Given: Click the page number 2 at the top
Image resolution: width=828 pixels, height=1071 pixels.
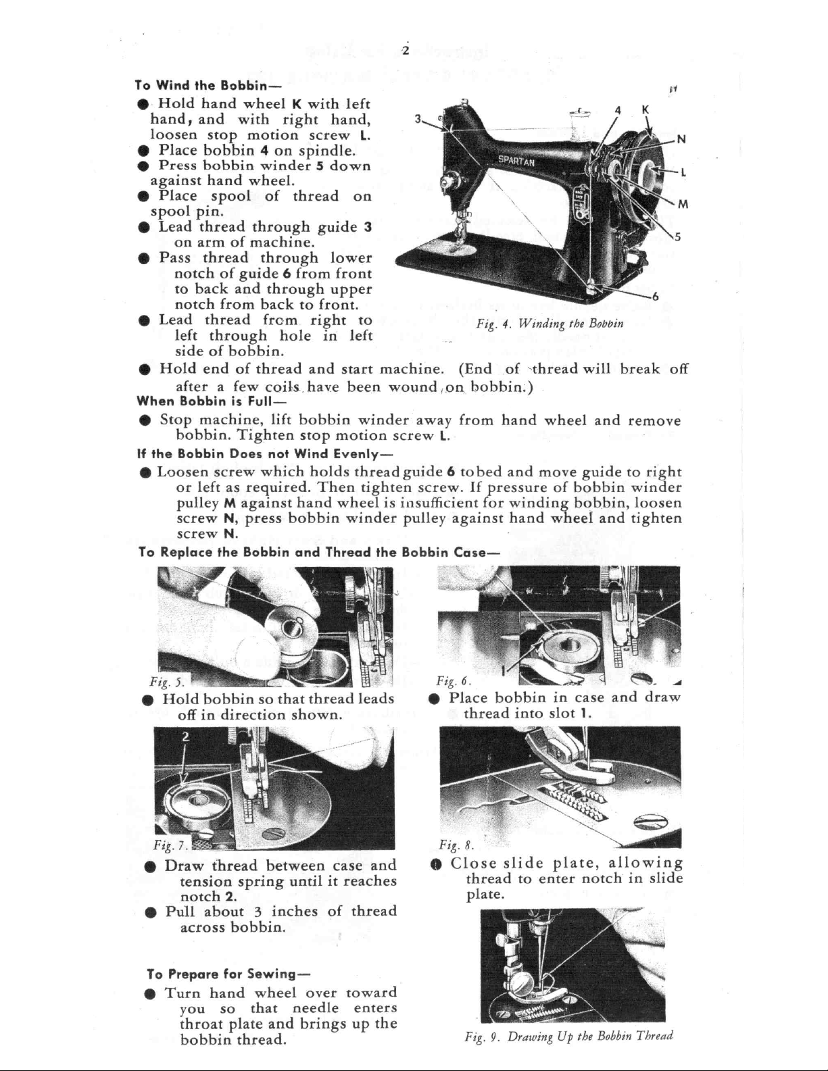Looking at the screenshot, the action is pyautogui.click(x=406, y=51).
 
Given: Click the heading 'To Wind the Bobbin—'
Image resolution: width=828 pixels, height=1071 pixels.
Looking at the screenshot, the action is pyautogui.click(x=208, y=85).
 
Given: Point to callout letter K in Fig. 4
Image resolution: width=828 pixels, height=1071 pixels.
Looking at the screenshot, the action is pyautogui.click(x=646, y=110).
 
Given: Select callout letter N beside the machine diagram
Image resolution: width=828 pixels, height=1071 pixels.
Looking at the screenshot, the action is pyautogui.click(x=681, y=139).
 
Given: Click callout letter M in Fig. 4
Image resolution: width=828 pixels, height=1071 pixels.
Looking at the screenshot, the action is pyautogui.click(x=683, y=204).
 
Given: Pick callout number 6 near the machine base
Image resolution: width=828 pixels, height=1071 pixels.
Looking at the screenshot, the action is pyautogui.click(x=655, y=297).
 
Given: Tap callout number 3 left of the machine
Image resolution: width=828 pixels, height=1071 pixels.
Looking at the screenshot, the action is pyautogui.click(x=418, y=119).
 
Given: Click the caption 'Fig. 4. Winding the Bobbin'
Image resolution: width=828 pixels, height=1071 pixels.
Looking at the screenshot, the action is pyautogui.click(x=550, y=324).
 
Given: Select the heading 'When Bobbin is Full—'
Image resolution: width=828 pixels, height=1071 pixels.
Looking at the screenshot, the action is pyautogui.click(x=211, y=401).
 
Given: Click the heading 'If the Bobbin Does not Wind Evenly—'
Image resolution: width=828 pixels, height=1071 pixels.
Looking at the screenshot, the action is pyautogui.click(x=265, y=453).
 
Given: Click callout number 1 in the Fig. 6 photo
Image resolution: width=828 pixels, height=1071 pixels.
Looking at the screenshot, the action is pyautogui.click(x=503, y=670).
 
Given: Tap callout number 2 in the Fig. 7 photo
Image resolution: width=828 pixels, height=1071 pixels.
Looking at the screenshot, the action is pyautogui.click(x=185, y=737).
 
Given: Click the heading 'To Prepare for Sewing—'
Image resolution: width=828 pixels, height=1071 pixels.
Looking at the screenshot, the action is pyautogui.click(x=228, y=974).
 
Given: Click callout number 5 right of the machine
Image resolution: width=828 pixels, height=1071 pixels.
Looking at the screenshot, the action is pyautogui.click(x=678, y=237).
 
